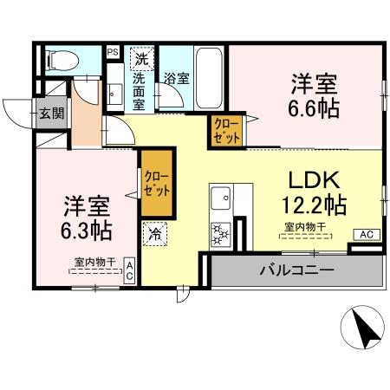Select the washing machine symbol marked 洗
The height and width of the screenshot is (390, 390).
point(140,60)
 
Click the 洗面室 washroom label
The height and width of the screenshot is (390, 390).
point(139,91)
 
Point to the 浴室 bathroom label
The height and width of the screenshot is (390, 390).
point(175,77)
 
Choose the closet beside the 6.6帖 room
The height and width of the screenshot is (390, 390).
point(224,130)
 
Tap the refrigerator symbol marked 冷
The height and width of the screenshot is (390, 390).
point(155,233)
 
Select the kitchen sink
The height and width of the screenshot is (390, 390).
point(219,195)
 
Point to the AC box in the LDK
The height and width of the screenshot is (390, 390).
point(365,234)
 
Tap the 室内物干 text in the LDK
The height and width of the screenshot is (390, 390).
point(301,227)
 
